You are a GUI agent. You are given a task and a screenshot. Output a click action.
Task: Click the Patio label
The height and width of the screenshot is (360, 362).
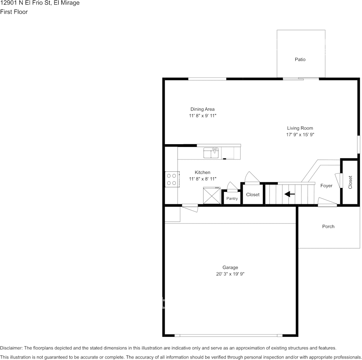[x=300, y=59]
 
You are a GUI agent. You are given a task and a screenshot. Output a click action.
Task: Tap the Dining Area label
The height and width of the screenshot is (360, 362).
[x=202, y=109]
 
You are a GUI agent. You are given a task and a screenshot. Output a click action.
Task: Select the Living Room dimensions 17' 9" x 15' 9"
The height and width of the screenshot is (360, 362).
[x=300, y=134]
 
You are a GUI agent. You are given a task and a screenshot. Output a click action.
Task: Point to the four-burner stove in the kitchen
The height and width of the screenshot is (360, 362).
[x=172, y=179]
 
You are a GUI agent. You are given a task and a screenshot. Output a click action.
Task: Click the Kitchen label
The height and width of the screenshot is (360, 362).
[x=202, y=172]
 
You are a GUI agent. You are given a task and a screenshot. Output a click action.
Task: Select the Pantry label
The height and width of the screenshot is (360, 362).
[x=232, y=199]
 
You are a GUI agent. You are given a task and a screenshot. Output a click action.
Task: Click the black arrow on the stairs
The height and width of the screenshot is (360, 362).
[x=290, y=194]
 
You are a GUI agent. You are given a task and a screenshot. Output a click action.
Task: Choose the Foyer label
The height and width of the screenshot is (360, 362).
[x=326, y=186]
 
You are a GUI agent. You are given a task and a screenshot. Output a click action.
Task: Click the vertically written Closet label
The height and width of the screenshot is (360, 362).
[x=350, y=182]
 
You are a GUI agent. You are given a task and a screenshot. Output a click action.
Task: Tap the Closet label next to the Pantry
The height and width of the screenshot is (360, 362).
[x=253, y=194]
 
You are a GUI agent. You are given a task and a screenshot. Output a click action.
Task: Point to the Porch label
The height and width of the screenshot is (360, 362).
[x=328, y=226]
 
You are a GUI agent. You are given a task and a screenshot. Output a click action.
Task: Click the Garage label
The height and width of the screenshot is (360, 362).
[x=230, y=268]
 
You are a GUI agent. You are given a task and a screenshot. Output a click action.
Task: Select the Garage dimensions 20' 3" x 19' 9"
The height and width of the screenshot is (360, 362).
[x=230, y=274]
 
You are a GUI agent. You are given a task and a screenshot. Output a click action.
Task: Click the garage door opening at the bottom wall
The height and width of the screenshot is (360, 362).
[x=229, y=335]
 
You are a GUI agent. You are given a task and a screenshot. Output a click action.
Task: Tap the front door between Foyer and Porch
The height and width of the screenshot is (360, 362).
[x=327, y=205]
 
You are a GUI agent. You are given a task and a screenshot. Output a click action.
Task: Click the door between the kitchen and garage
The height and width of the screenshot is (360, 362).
[x=190, y=206]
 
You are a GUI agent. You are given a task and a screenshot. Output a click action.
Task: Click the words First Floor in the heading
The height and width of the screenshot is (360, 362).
[x=14, y=12]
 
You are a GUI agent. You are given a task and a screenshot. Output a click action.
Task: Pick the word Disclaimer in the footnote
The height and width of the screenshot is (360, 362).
[x=11, y=348]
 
